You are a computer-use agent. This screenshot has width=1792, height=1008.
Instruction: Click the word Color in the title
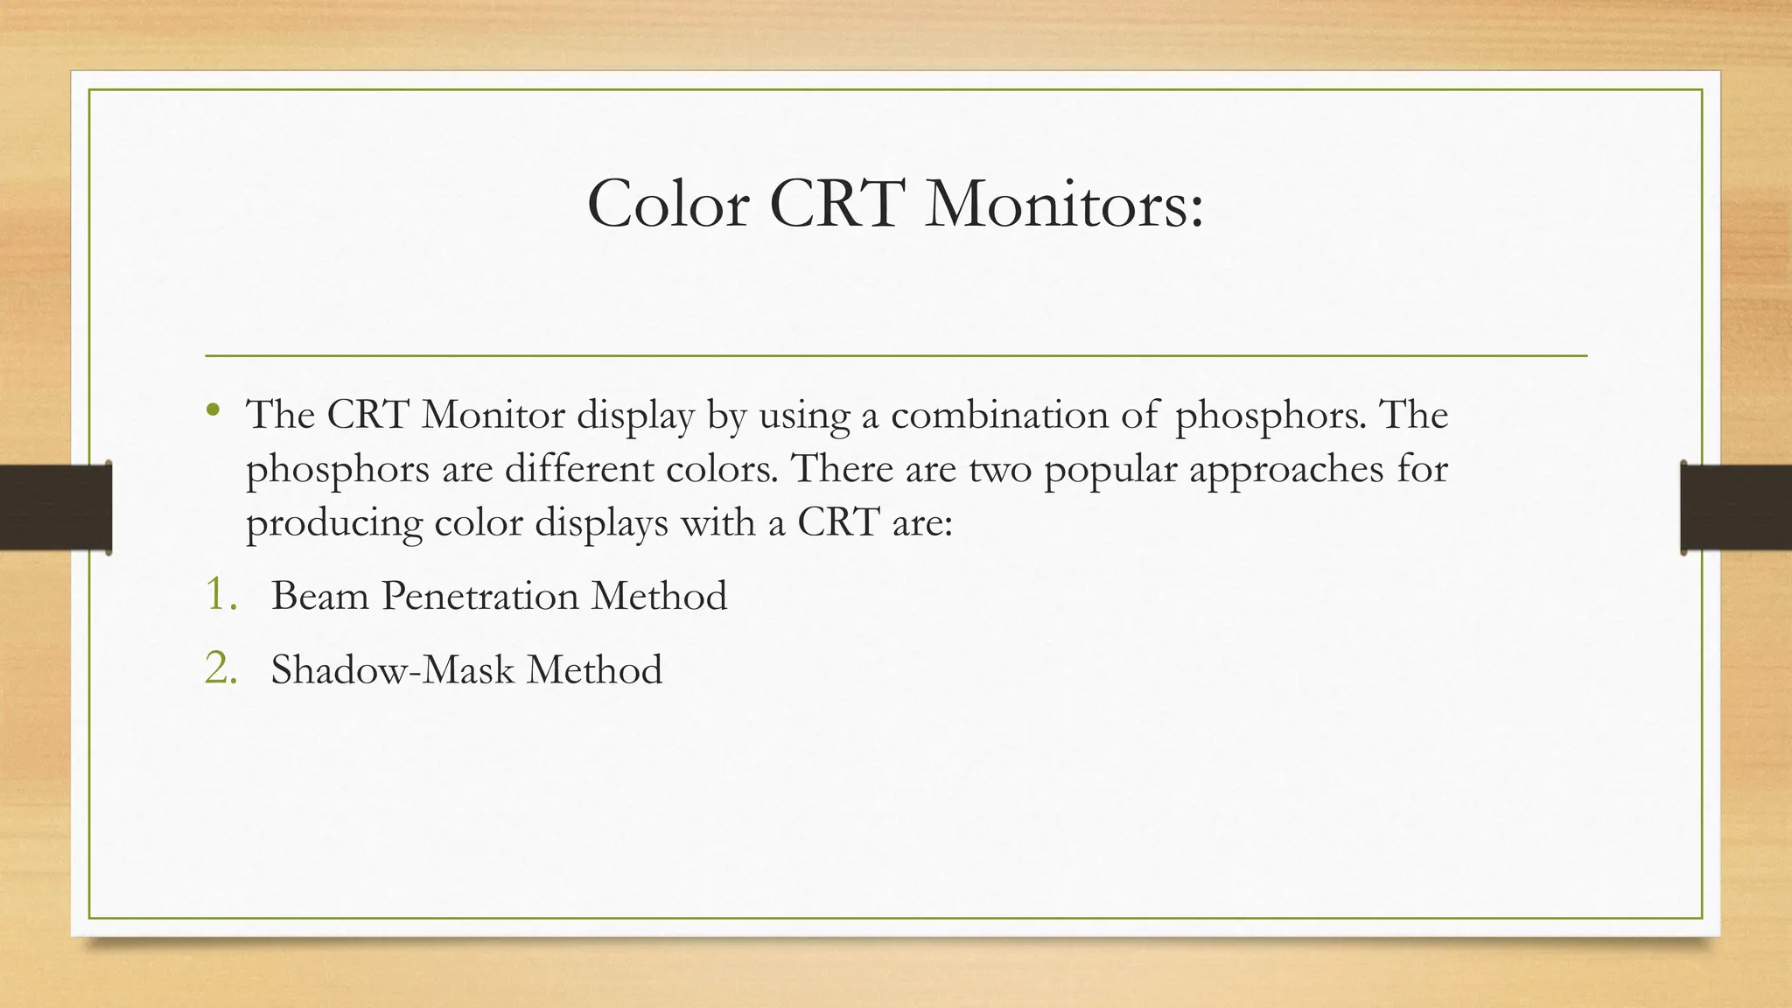[x=668, y=204]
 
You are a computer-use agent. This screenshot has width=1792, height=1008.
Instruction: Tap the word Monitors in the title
[x=1063, y=204]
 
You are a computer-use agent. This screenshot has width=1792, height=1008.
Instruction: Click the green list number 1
[x=220, y=594]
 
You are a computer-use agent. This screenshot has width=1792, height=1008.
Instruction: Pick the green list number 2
[x=220, y=668]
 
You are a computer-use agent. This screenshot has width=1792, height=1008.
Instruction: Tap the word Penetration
[x=480, y=596]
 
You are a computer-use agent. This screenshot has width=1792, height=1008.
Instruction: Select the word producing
[x=334, y=524]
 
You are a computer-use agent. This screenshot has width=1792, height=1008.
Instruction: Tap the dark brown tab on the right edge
[x=1736, y=507]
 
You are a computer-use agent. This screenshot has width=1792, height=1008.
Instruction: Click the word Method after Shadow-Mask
[x=594, y=670]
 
